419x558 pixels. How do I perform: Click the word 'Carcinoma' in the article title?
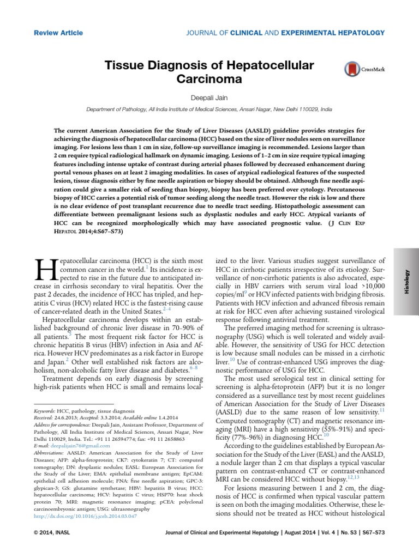[x=209, y=79]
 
